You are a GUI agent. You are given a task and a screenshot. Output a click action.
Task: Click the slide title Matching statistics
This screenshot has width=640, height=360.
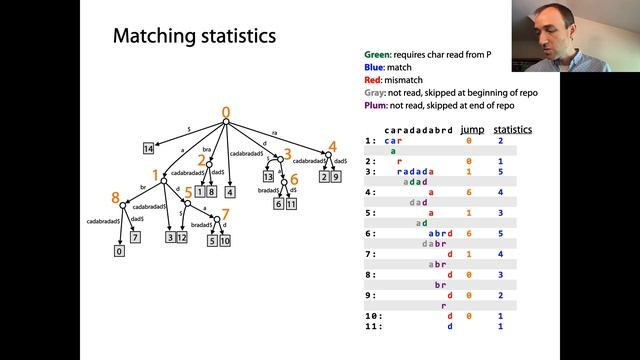pyautogui.click(x=194, y=38)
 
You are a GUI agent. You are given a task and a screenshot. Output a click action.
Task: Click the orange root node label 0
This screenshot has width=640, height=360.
pyautogui.click(x=226, y=112)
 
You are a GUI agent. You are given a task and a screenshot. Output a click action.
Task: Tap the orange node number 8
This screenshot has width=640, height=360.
pyautogui.click(x=116, y=198)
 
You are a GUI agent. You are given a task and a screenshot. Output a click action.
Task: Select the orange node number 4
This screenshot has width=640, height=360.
pyautogui.click(x=333, y=146)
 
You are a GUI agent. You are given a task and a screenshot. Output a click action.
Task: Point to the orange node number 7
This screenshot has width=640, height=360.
pyautogui.click(x=226, y=214)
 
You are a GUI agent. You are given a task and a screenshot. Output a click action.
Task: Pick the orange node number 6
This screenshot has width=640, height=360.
pyautogui.click(x=294, y=181)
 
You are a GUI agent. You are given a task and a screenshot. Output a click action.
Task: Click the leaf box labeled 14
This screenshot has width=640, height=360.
pyautogui.click(x=148, y=149)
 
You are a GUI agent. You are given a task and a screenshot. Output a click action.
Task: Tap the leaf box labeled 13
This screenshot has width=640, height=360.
pyautogui.click(x=269, y=177)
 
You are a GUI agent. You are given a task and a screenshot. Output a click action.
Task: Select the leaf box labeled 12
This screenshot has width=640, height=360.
pyautogui.click(x=181, y=237)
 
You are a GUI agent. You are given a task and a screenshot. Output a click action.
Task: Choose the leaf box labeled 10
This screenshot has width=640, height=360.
pyautogui.click(x=226, y=241)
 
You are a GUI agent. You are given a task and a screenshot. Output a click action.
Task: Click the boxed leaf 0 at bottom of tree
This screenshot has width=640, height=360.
pyautogui.click(x=120, y=252)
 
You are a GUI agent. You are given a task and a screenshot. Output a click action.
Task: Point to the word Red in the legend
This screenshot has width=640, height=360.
pyautogui.click(x=373, y=80)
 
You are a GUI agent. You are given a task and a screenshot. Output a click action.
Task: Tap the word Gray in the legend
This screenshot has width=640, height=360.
pyautogui.click(x=375, y=92)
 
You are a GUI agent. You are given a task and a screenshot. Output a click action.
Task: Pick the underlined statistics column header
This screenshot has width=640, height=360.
pyautogui.click(x=512, y=130)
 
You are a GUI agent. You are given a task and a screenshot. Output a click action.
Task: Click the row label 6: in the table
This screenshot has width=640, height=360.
pyautogui.click(x=371, y=233)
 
